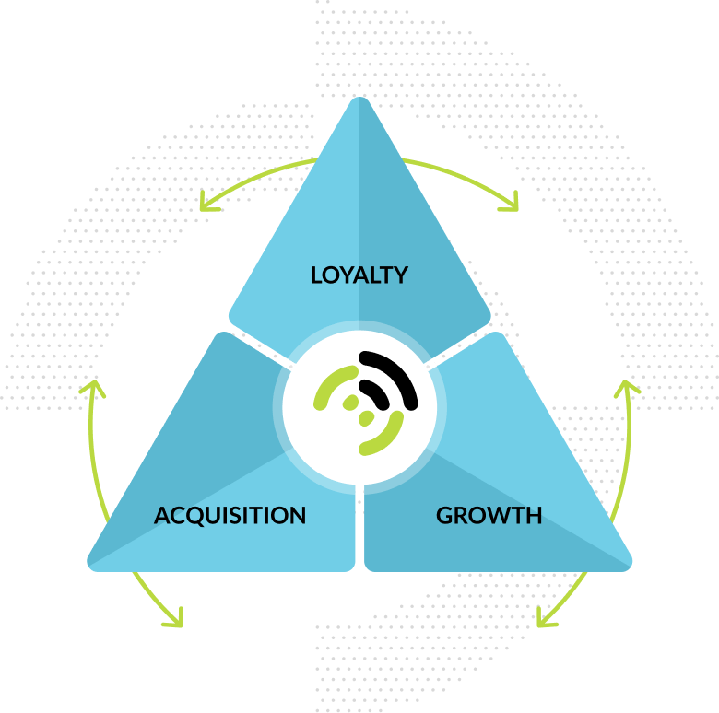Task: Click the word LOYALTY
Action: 359,275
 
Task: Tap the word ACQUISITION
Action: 230,516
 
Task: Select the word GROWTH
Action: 489,516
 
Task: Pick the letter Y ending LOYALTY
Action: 399,275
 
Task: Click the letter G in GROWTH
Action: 445,516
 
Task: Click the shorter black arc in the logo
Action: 375,392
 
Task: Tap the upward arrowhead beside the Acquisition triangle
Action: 91,386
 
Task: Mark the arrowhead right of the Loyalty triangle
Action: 511,202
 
